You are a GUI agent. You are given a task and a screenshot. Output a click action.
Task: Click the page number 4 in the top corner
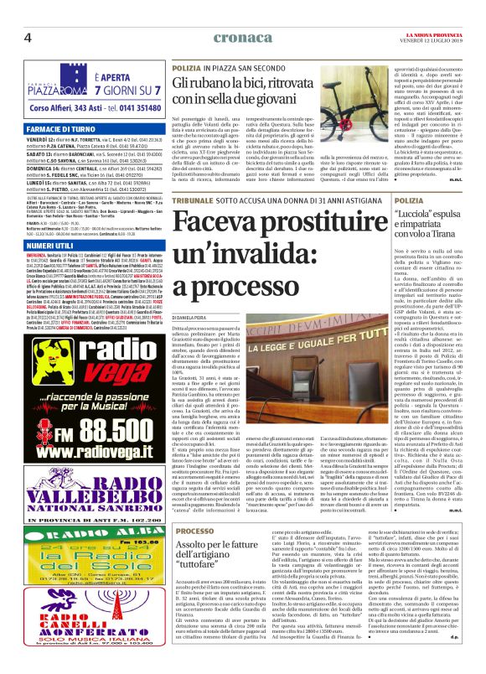pos(27,37)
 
